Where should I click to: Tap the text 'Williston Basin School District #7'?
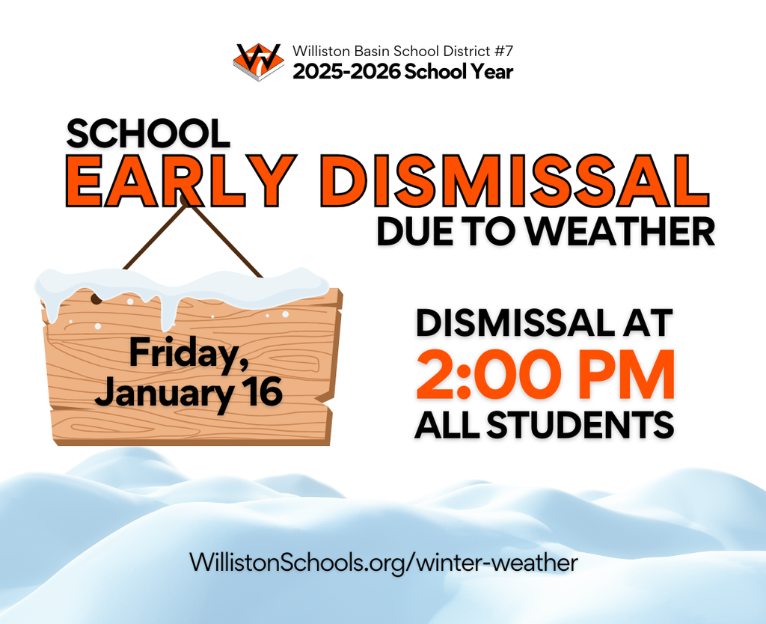click(x=402, y=52)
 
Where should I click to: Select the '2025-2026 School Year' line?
click(x=402, y=72)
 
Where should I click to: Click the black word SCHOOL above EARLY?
click(x=147, y=133)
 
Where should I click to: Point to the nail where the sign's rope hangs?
click(x=184, y=200)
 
